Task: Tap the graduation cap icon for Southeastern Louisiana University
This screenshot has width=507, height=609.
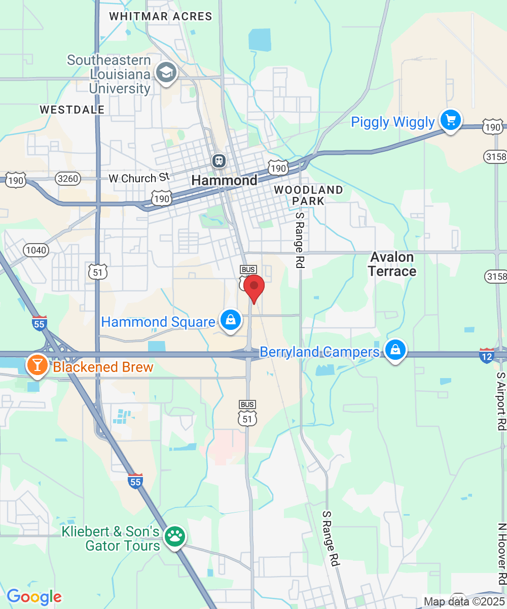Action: pos(166,73)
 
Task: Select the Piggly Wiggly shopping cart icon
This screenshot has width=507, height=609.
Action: pos(450,121)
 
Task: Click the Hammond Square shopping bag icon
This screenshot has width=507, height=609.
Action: pos(231,321)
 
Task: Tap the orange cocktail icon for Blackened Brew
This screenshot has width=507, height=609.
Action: pos(37,365)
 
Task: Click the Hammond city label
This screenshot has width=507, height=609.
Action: pos(225,181)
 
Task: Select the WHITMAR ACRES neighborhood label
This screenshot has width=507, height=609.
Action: pos(161,16)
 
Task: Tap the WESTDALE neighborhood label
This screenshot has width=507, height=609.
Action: pos(72,110)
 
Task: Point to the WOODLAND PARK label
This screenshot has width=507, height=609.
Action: pos(308,195)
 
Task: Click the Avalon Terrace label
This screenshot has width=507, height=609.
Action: pos(392,264)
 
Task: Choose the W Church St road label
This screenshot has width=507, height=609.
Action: pos(138,178)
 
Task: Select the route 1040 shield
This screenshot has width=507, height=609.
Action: pos(35,250)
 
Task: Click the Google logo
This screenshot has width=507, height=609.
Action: pos(34,597)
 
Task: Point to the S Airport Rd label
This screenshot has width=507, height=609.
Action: pos(501,401)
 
